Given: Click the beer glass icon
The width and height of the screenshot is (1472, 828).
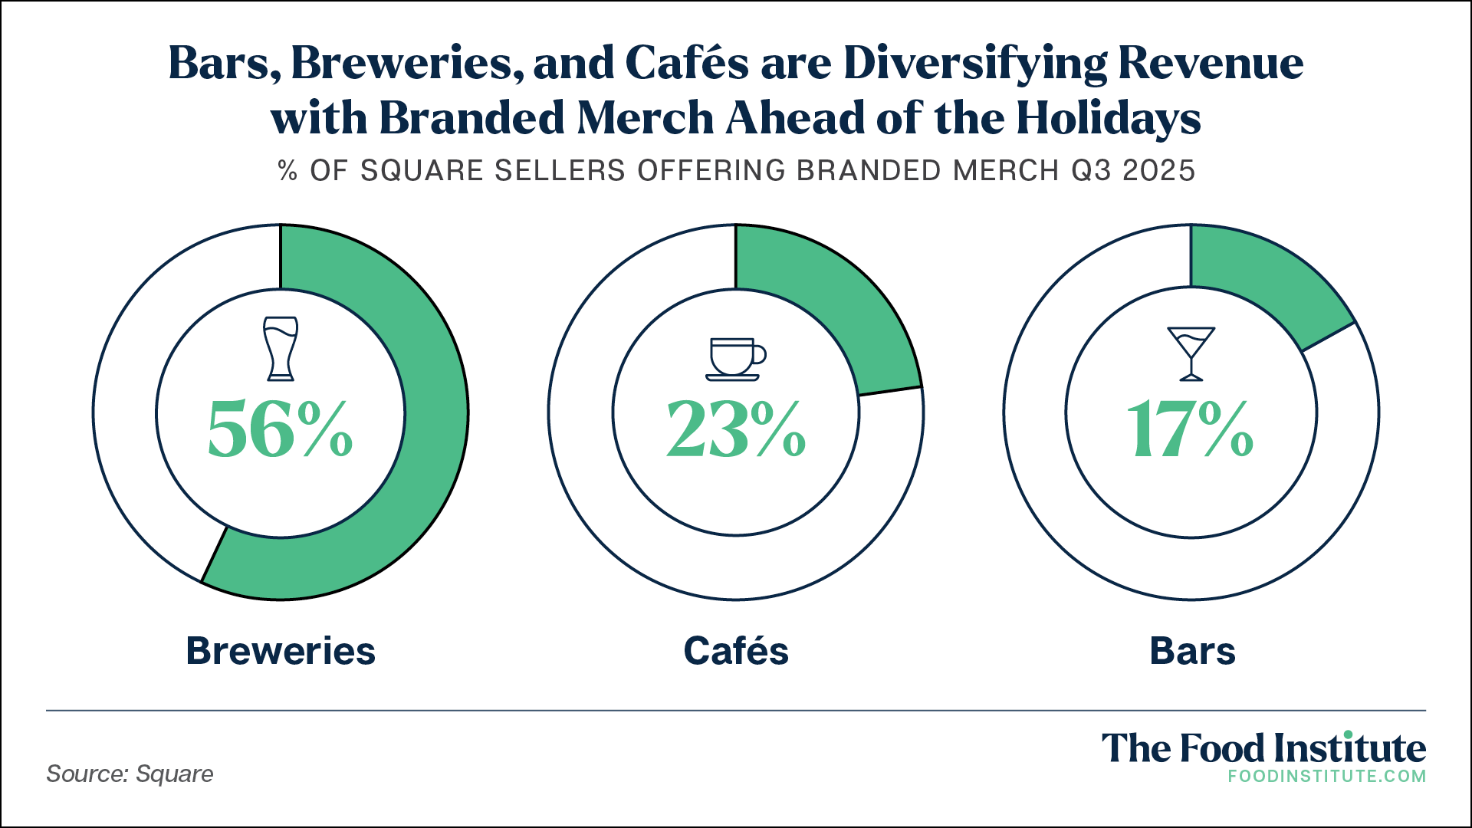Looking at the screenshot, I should [281, 349].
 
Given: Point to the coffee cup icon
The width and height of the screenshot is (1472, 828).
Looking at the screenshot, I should [735, 359].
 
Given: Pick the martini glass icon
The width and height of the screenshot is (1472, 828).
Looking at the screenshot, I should [1191, 353].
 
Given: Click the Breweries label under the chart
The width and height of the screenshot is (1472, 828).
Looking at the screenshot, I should [281, 651].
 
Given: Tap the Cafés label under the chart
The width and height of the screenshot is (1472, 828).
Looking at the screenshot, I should [736, 651].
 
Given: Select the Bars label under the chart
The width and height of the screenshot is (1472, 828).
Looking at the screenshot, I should [1192, 651].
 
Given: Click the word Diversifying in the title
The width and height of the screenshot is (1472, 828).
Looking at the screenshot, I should [975, 63].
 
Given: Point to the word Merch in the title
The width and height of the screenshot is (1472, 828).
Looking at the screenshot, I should [645, 118].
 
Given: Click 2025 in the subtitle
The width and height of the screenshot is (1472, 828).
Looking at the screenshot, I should [1158, 170].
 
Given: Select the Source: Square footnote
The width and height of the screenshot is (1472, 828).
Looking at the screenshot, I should [130, 774].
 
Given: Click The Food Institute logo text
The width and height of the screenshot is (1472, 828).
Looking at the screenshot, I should [1263, 748].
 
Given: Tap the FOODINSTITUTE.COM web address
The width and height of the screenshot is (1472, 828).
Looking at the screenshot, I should [1326, 776].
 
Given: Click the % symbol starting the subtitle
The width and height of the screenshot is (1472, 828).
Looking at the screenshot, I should [287, 170].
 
